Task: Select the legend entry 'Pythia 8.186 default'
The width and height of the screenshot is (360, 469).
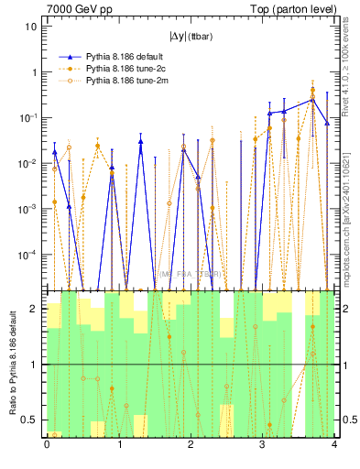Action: (119, 56)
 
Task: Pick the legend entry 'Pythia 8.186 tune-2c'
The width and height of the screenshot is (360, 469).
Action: (119, 69)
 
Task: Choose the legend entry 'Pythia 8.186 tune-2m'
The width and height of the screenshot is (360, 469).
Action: (119, 82)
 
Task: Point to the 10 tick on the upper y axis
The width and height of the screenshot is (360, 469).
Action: (30, 27)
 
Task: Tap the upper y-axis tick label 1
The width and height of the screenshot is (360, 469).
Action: (34, 72)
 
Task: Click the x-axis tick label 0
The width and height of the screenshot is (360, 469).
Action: (47, 445)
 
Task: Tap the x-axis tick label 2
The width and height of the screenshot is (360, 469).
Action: (190, 445)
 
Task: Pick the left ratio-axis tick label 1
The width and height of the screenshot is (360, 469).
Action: (38, 365)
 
